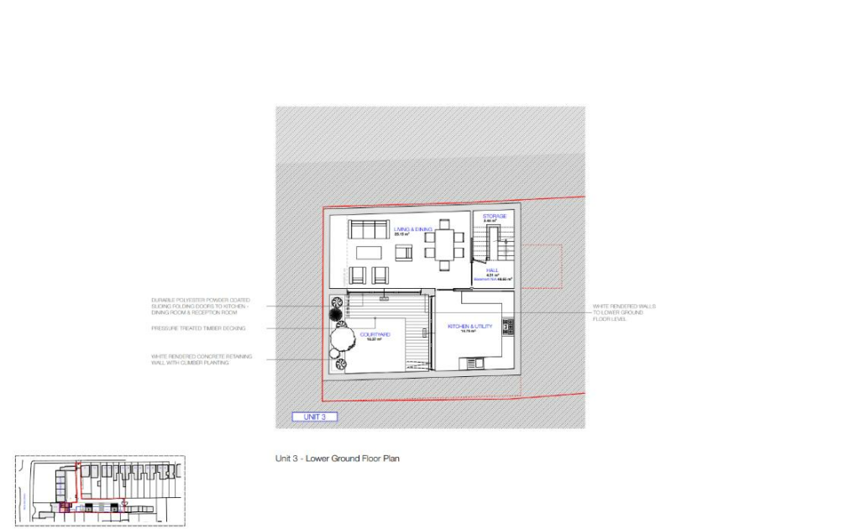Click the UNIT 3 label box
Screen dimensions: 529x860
pyautogui.click(x=314, y=416)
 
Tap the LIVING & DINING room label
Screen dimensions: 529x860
pyautogui.click(x=412, y=229)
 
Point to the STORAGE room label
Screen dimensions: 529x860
pyautogui.click(x=494, y=217)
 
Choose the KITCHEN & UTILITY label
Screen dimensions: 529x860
pyautogui.click(x=469, y=326)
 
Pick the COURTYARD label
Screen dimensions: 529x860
pyautogui.click(x=375, y=334)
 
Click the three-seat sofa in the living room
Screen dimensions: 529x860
pyautogui.click(x=369, y=229)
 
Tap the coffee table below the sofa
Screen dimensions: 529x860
pyautogui.click(x=370, y=252)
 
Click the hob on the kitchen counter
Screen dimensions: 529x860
pyautogui.click(x=507, y=325)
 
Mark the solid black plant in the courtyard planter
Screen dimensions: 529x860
pyautogui.click(x=337, y=313)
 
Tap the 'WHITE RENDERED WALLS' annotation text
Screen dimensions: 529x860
pyautogui.click(x=624, y=312)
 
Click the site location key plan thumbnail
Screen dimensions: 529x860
pyautogui.click(x=99, y=490)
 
